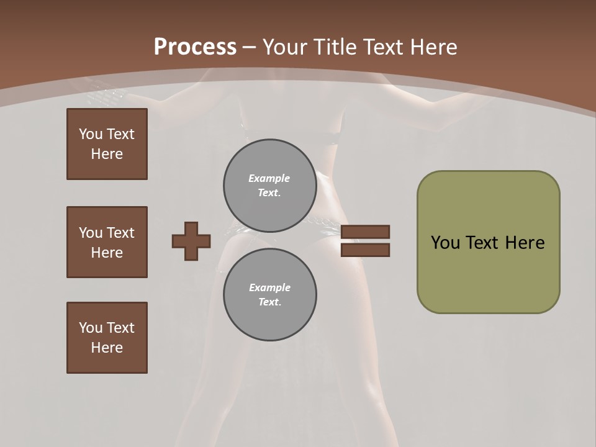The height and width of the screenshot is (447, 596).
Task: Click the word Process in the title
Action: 195,47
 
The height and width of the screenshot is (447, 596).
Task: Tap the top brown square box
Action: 107,144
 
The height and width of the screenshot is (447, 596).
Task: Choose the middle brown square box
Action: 107,242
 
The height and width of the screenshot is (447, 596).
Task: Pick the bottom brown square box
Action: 107,338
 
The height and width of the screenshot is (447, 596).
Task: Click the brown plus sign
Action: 191,241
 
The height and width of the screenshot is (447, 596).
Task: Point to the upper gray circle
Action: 269,186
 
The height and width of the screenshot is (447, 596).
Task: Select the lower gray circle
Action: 269,294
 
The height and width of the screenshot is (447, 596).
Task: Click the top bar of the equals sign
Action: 365,232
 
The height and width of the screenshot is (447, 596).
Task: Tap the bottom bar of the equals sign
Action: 365,250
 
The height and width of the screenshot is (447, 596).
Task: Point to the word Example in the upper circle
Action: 269,178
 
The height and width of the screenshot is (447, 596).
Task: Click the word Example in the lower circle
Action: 269,287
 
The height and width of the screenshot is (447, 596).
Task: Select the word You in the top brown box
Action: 90,134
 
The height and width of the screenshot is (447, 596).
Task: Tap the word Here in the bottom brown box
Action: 107,348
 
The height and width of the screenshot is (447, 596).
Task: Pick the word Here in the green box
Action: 525,243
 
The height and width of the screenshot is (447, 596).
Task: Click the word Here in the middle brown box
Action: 107,253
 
